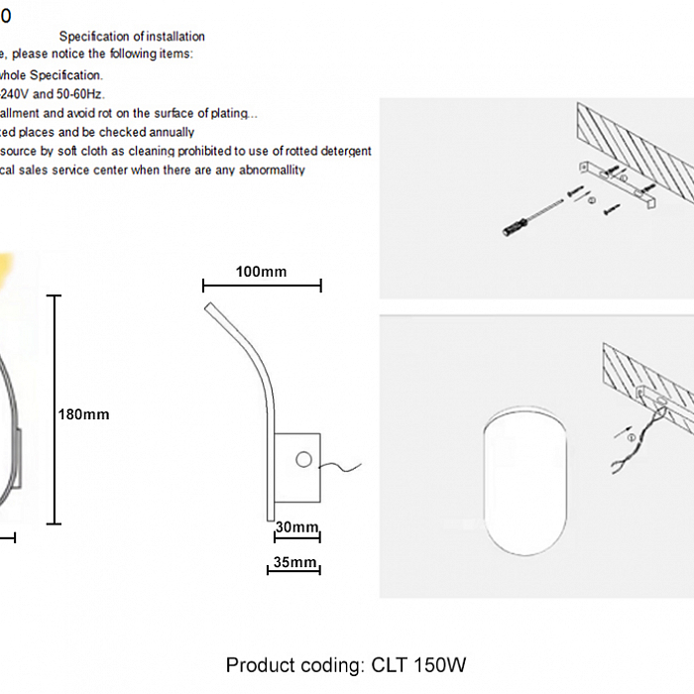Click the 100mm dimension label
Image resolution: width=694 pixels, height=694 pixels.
(262, 271)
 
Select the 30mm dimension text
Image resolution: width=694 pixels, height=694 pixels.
(296, 526)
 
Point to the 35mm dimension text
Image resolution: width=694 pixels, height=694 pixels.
(293, 563)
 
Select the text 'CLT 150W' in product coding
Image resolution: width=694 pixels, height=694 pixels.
(418, 664)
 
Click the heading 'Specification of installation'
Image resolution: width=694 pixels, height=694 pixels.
(132, 37)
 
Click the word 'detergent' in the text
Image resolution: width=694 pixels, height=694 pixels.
(342, 151)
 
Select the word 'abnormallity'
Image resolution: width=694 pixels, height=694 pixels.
(267, 170)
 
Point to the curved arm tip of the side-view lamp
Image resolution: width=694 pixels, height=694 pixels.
(209, 310)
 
